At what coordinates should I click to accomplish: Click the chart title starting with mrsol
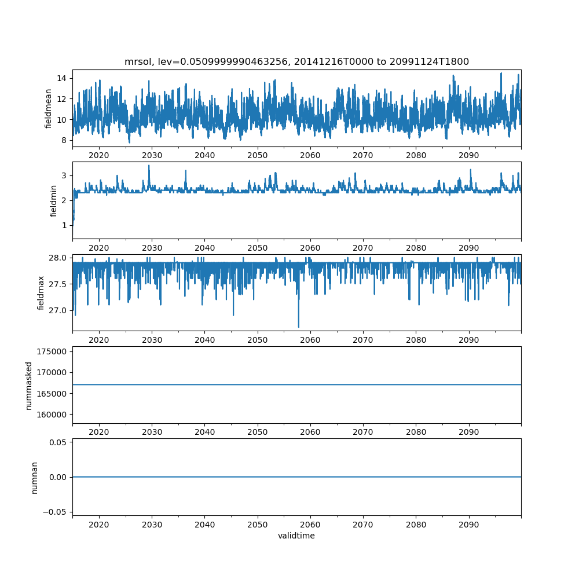point(296,61)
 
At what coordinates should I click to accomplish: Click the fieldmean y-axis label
point(49,108)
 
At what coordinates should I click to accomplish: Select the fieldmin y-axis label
point(53,201)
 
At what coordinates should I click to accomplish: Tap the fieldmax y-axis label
point(41,293)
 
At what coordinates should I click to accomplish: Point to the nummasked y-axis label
point(28,385)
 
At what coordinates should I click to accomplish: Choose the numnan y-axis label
point(35,477)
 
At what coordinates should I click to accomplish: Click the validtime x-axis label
point(296,536)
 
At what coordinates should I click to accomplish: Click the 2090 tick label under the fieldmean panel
point(468,156)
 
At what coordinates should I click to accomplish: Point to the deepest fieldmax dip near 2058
point(299,327)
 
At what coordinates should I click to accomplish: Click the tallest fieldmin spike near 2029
point(149,166)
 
